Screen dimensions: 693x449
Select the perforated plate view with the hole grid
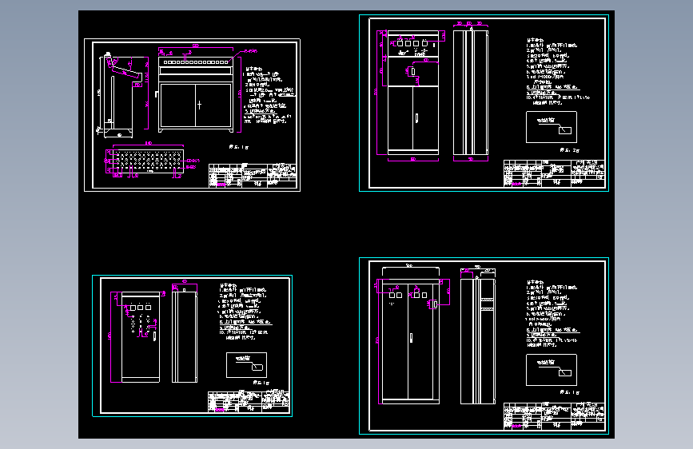pyautogui.click(x=144, y=162)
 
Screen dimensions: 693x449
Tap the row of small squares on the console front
pyautogui.click(x=195, y=62)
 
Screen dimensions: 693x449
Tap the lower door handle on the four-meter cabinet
pyautogui.click(x=416, y=119)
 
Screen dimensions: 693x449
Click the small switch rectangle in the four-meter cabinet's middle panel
pyautogui.click(x=414, y=73)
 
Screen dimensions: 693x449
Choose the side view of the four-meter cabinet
pyautogui.click(x=471, y=92)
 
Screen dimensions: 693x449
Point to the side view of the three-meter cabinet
pyautogui.click(x=184, y=336)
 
